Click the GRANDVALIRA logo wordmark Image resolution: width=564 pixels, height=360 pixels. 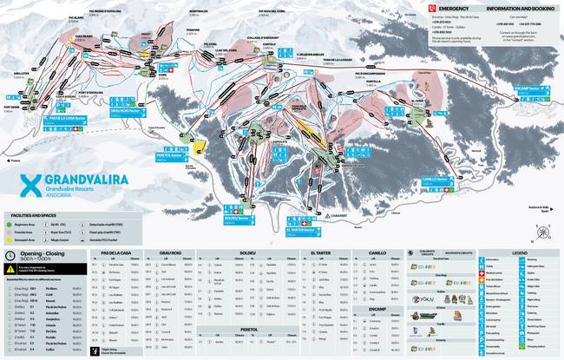pos(77,180)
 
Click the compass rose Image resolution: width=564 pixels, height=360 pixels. pos(541,232)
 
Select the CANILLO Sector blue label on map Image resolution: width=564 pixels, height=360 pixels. pos(434,180)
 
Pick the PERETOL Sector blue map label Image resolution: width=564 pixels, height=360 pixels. pos(170,154)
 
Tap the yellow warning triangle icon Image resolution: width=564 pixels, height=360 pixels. pos(9,271)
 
